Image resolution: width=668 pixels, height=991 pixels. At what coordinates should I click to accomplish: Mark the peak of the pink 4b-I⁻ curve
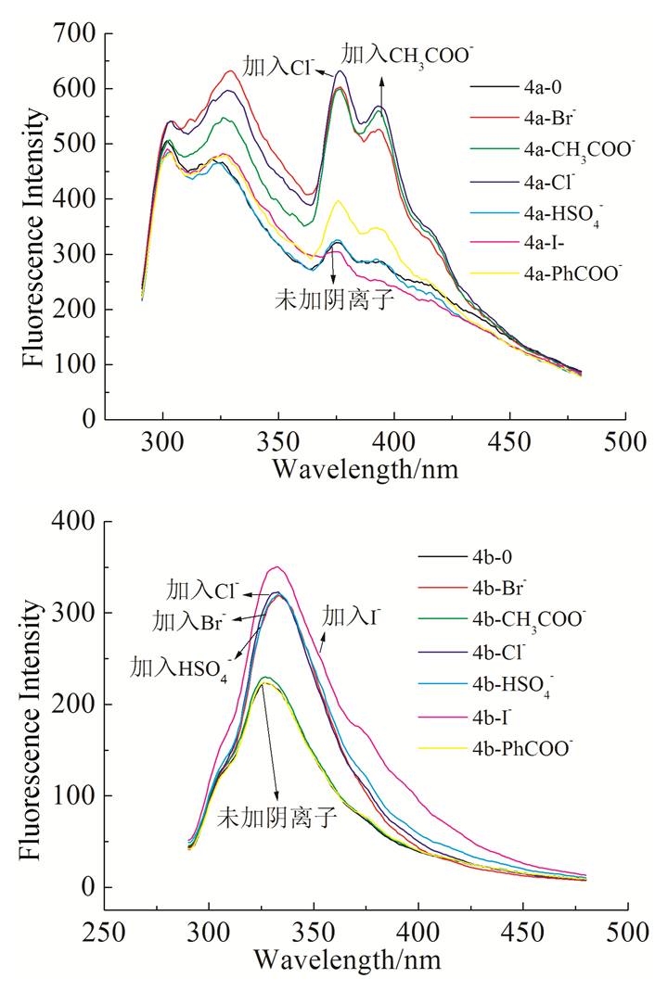tap(276, 566)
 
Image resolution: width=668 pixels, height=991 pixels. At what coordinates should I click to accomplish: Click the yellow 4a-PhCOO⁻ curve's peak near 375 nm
tap(340, 200)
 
